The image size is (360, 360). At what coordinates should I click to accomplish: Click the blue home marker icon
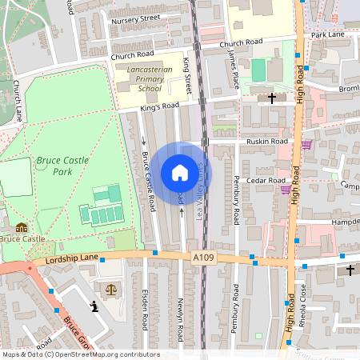point(180,173)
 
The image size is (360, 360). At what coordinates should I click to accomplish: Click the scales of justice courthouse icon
point(110,287)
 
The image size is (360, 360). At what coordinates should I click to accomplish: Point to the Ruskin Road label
point(267,141)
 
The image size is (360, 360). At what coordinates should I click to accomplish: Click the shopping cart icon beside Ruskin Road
point(306,145)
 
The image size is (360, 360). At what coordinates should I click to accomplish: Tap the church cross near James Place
point(272,98)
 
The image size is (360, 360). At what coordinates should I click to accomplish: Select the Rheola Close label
point(304,299)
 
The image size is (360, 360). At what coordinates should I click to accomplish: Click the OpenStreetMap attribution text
point(80,354)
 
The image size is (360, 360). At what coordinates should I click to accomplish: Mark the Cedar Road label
point(260,181)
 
